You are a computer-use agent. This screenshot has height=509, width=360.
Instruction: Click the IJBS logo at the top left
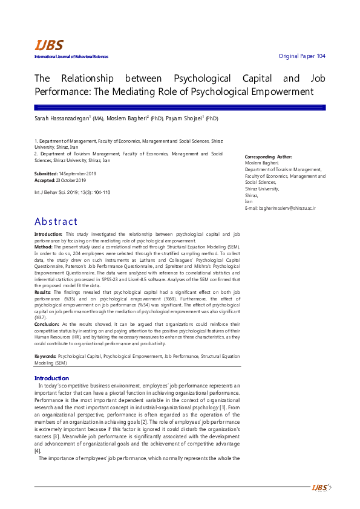tap(48, 45)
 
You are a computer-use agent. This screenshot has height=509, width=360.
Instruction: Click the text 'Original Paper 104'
tap(301, 56)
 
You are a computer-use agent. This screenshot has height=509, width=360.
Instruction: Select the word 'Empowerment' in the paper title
tap(282, 92)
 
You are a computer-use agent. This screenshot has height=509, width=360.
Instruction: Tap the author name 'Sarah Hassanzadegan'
tap(62, 119)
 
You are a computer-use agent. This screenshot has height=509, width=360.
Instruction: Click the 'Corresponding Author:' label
tap(268, 157)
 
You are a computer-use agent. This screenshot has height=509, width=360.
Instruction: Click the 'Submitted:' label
tap(47, 174)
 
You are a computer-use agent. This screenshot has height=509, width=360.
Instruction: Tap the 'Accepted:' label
tap(45, 180)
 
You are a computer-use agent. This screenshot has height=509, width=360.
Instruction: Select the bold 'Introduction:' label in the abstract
tap(48, 234)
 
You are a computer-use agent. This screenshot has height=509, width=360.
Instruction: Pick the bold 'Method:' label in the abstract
tap(44, 247)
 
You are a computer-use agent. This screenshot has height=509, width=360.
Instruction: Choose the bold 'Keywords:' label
tap(46, 357)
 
